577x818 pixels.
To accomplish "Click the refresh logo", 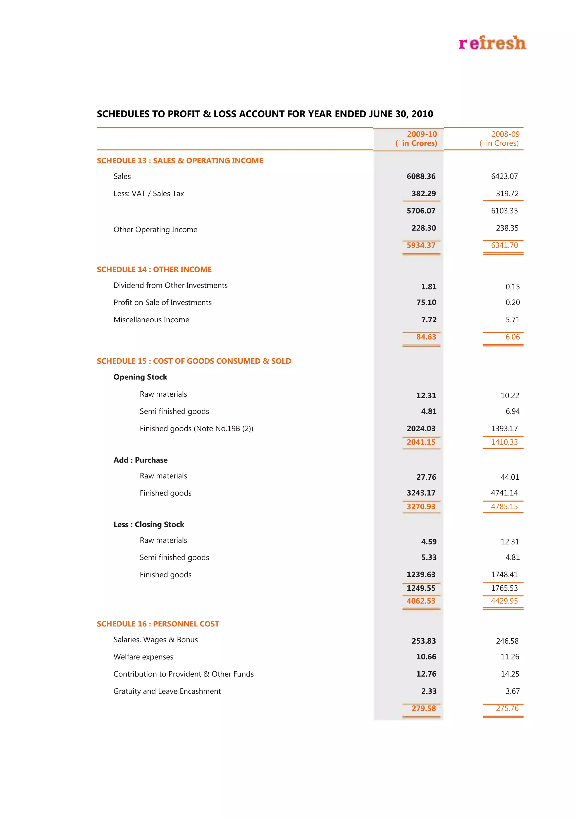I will click(x=492, y=43).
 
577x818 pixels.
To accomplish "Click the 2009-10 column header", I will click(x=416, y=139).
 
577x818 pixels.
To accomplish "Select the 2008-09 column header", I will click(x=500, y=139).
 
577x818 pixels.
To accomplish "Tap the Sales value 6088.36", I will click(x=421, y=176).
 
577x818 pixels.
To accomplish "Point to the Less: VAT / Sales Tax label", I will click(x=148, y=194).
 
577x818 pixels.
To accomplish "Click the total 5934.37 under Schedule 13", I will click(x=421, y=245).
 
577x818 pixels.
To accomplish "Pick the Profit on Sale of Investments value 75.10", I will click(x=426, y=303).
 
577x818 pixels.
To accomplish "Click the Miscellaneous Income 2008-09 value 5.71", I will click(x=512, y=320).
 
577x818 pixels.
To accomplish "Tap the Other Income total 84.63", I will click(x=426, y=337).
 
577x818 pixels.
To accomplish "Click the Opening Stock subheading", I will click(x=140, y=377).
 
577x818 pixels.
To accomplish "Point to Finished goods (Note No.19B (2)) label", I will click(x=196, y=429).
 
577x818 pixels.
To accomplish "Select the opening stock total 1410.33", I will click(x=504, y=442).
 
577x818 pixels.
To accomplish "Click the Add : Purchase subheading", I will click(x=140, y=460).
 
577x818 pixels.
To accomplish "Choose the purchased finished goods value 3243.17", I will click(x=421, y=493).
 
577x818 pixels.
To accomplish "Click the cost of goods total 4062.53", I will click(x=421, y=601).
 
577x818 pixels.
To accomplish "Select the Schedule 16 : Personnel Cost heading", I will click(x=158, y=624).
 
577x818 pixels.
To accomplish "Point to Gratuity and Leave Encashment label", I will click(x=167, y=691).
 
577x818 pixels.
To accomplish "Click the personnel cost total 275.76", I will click(x=507, y=708).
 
